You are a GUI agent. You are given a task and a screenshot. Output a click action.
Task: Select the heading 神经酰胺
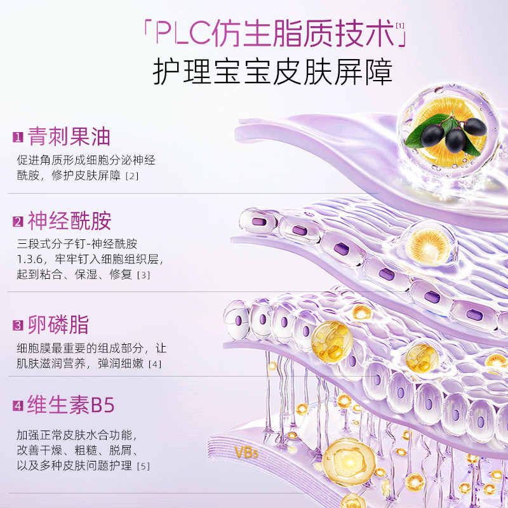point(70,221)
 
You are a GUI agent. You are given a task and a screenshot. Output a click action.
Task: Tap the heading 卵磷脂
point(59,325)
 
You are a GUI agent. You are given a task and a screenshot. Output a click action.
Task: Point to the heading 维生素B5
point(71,405)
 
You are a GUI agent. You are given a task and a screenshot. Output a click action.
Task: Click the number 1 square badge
point(18,137)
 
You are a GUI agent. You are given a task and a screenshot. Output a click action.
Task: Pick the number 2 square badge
point(18,222)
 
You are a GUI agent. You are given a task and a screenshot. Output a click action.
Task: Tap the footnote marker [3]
point(143,275)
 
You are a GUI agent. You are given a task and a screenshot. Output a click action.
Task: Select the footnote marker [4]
point(155,364)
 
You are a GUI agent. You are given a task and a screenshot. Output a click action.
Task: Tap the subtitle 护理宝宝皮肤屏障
point(272,73)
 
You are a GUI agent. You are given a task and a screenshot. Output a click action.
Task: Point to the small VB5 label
point(246,453)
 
